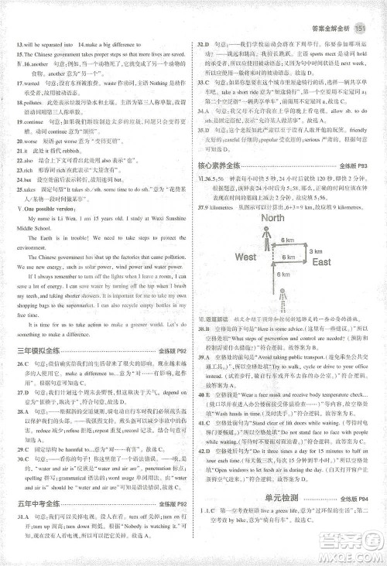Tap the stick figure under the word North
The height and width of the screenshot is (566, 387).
coord(271,237)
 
